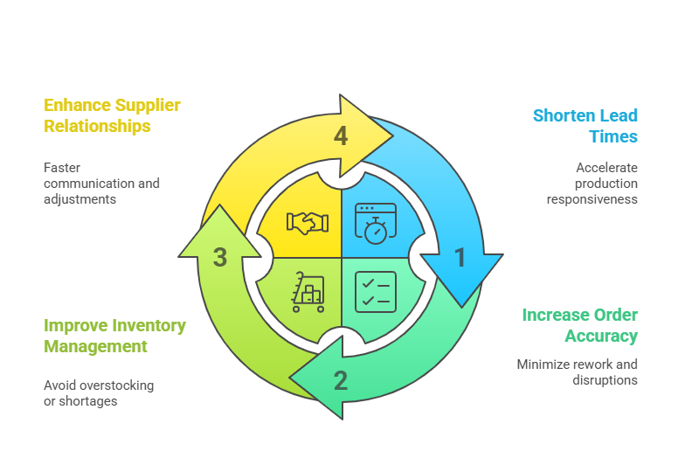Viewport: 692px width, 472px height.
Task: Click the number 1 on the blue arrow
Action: (460, 257)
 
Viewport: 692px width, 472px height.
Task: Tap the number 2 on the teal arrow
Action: (340, 380)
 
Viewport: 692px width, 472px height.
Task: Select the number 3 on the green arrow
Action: (220, 257)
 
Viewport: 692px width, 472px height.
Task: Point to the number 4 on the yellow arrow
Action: (341, 136)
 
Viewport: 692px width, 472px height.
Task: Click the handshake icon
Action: (308, 223)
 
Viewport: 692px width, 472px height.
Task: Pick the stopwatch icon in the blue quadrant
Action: (376, 224)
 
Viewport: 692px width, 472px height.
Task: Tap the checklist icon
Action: (376, 292)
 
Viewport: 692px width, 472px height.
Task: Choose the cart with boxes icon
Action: (308, 292)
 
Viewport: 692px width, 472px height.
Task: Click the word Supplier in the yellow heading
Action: (148, 106)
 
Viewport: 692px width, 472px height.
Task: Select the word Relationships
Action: (97, 126)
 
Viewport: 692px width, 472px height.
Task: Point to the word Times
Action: (613, 136)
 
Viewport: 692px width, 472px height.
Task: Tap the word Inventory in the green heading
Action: (153, 326)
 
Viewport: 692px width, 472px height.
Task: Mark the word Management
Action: (95, 347)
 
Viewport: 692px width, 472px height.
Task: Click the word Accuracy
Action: (601, 337)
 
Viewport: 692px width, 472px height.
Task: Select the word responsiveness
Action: (592, 199)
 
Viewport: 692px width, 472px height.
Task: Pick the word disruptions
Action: (605, 380)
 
